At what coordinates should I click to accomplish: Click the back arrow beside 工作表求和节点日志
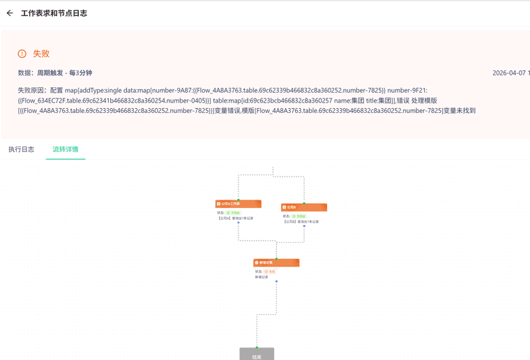pos(10,13)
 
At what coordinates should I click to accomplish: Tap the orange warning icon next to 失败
pos(22,54)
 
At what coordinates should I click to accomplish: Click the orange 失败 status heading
pos(41,54)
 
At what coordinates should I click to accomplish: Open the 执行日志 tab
pos(21,149)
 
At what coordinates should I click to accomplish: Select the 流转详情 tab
pos(66,149)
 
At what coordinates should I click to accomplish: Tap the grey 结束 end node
pos(257,354)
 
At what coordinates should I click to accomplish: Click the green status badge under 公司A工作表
pos(233,212)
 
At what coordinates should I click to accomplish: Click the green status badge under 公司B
pos(299,216)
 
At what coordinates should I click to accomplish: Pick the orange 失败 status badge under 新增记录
pos(271,271)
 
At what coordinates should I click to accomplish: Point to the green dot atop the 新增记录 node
pos(276,258)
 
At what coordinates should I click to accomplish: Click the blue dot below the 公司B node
pos(304,226)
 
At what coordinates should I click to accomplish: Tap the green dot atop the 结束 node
pos(257,347)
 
